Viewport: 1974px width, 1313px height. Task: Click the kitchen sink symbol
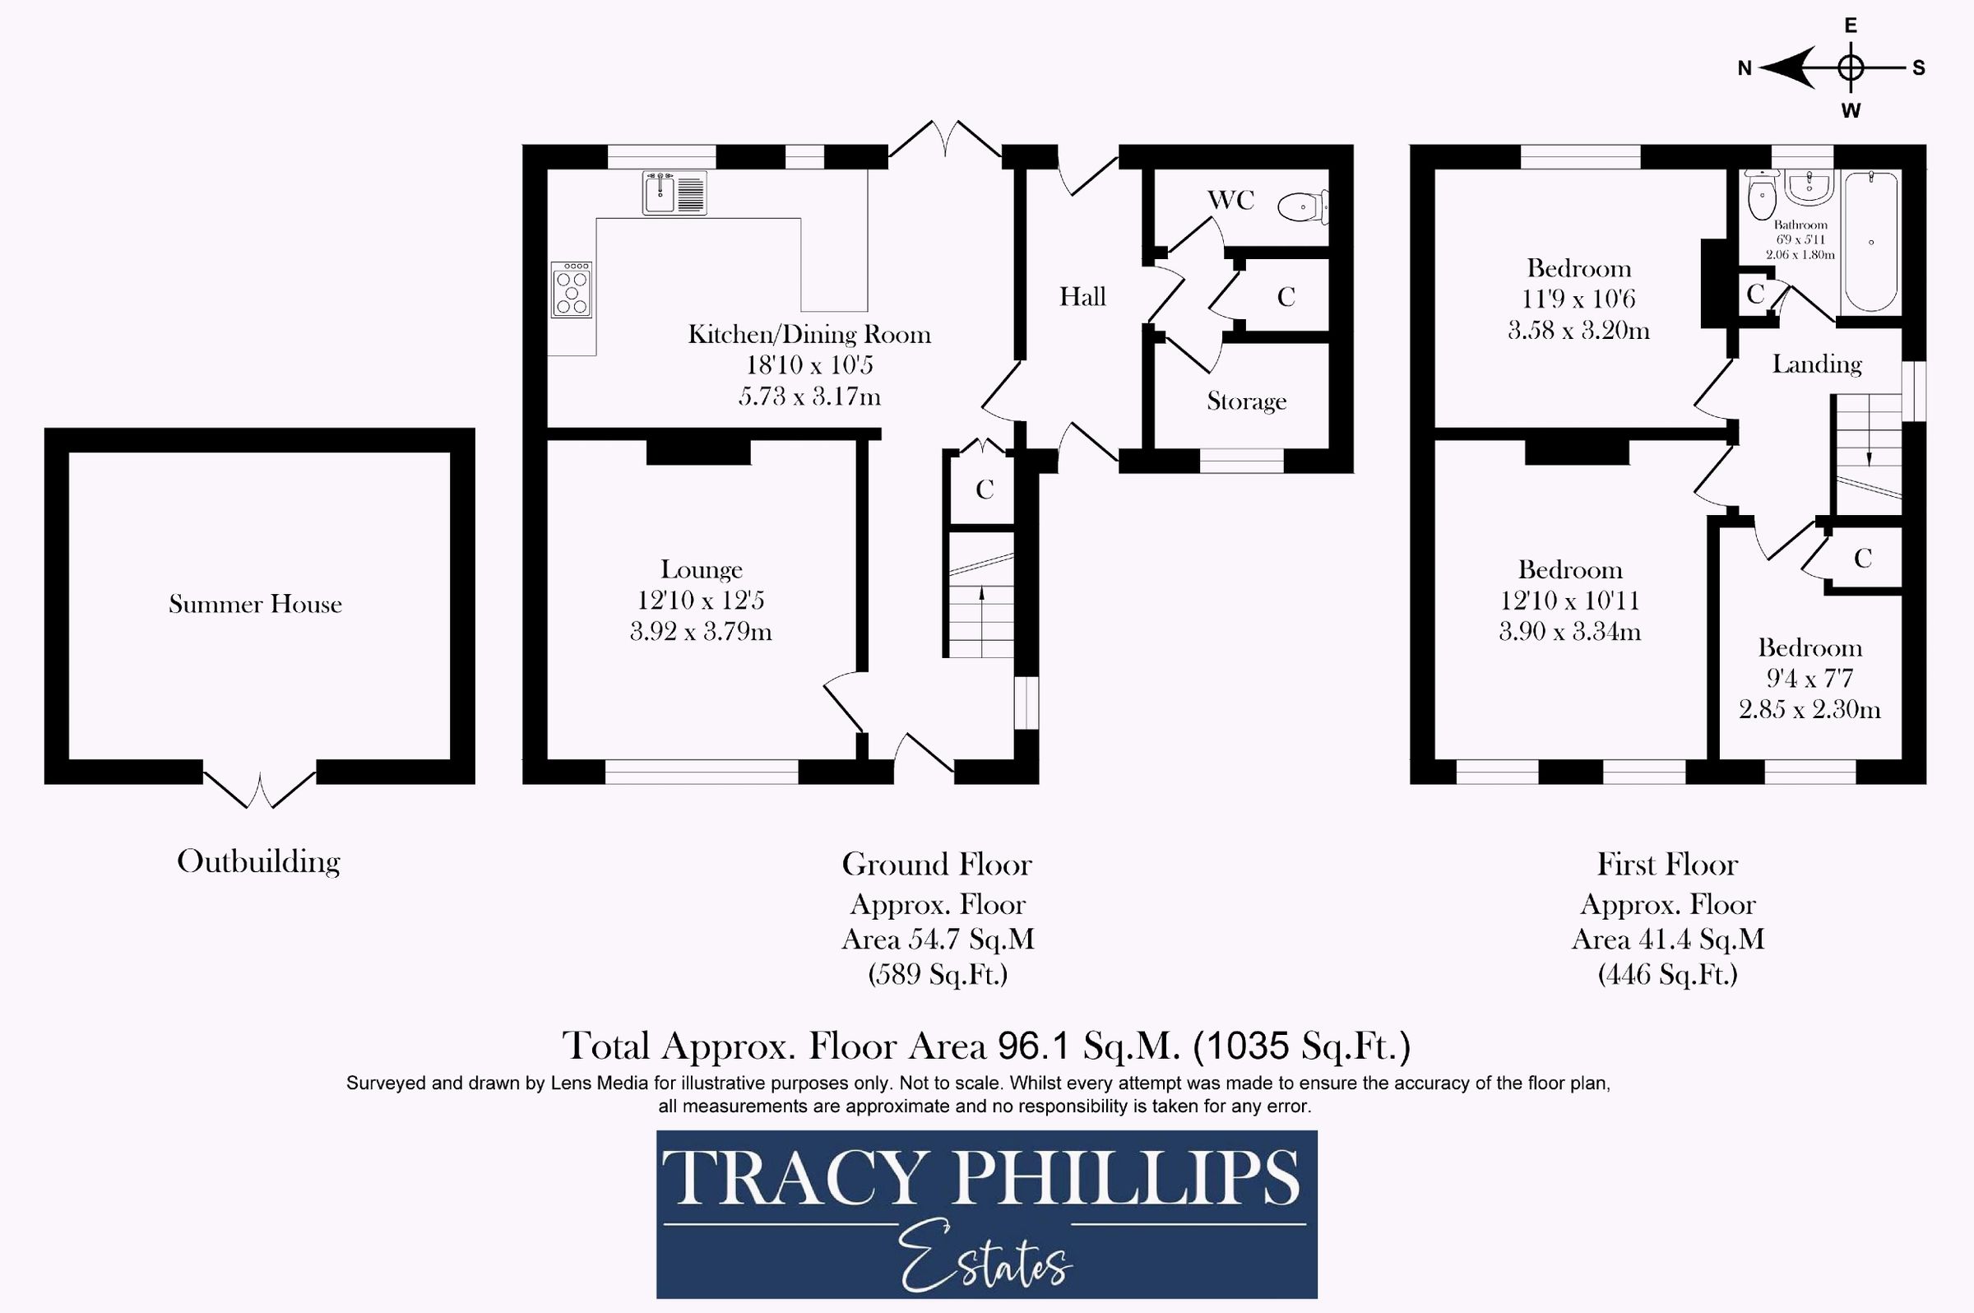click(x=674, y=193)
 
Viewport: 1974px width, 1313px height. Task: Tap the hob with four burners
click(x=572, y=290)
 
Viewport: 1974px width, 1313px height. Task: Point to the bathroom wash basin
click(x=1809, y=188)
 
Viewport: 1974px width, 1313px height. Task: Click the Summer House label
click(x=255, y=605)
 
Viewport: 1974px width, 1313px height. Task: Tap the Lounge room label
click(x=702, y=570)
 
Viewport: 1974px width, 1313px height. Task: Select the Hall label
click(x=1082, y=296)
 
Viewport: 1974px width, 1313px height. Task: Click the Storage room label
click(x=1247, y=401)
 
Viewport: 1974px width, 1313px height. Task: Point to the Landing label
click(x=1817, y=364)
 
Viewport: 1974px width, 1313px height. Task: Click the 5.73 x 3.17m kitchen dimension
click(x=809, y=396)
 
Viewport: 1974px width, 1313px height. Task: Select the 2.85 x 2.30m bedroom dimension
click(x=1809, y=710)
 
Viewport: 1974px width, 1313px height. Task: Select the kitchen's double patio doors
click(x=945, y=138)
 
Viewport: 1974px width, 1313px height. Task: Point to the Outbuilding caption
click(x=259, y=861)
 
